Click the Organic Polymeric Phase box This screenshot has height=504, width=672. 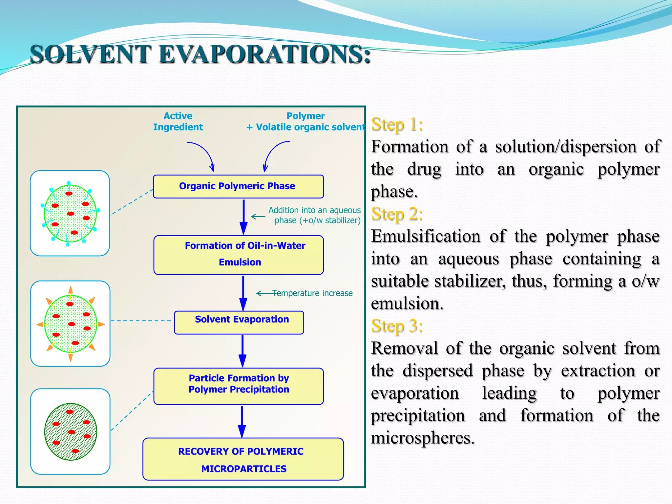click(238, 186)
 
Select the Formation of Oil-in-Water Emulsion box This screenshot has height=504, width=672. click(239, 255)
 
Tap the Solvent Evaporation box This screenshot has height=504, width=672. click(239, 322)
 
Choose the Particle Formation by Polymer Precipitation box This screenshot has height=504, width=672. click(239, 386)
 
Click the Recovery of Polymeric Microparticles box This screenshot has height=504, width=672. click(243, 459)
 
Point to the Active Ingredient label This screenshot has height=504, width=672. click(178, 121)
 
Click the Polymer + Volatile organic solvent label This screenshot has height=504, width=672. click(305, 121)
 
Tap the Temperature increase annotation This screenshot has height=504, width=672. click(312, 293)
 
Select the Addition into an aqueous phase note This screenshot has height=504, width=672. click(314, 215)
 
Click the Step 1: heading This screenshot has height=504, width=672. click(397, 125)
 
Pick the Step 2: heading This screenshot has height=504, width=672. click(397, 214)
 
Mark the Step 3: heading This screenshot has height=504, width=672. click(397, 326)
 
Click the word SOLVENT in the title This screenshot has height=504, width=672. click(91, 54)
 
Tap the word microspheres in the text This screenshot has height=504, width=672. click(422, 438)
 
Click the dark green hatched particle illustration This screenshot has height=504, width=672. click(71, 431)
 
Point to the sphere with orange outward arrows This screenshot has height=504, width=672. click(71, 324)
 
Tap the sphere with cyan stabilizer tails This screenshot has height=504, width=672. click(70, 213)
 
